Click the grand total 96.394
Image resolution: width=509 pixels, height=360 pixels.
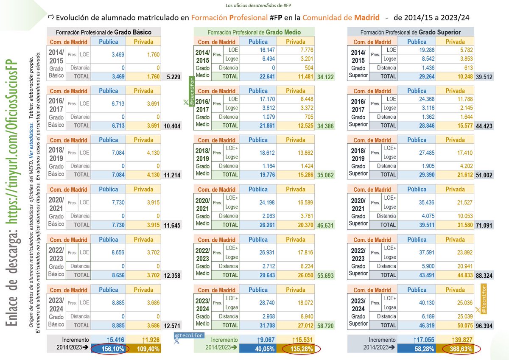(x=484, y=326)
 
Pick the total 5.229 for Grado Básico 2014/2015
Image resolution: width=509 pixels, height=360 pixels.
(x=171, y=77)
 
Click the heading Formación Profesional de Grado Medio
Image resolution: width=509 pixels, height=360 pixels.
(x=254, y=32)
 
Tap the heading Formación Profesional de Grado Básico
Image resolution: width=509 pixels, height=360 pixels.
(x=104, y=32)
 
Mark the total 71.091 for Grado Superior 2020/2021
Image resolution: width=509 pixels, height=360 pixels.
(x=484, y=225)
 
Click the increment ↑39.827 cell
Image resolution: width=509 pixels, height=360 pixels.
(x=459, y=340)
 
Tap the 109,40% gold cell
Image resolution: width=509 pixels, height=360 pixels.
(x=143, y=349)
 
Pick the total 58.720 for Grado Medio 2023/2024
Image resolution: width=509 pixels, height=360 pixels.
(x=325, y=326)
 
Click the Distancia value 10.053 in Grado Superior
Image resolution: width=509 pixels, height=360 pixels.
(x=459, y=216)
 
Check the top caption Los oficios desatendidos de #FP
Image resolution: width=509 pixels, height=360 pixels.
(x=254, y=5)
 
